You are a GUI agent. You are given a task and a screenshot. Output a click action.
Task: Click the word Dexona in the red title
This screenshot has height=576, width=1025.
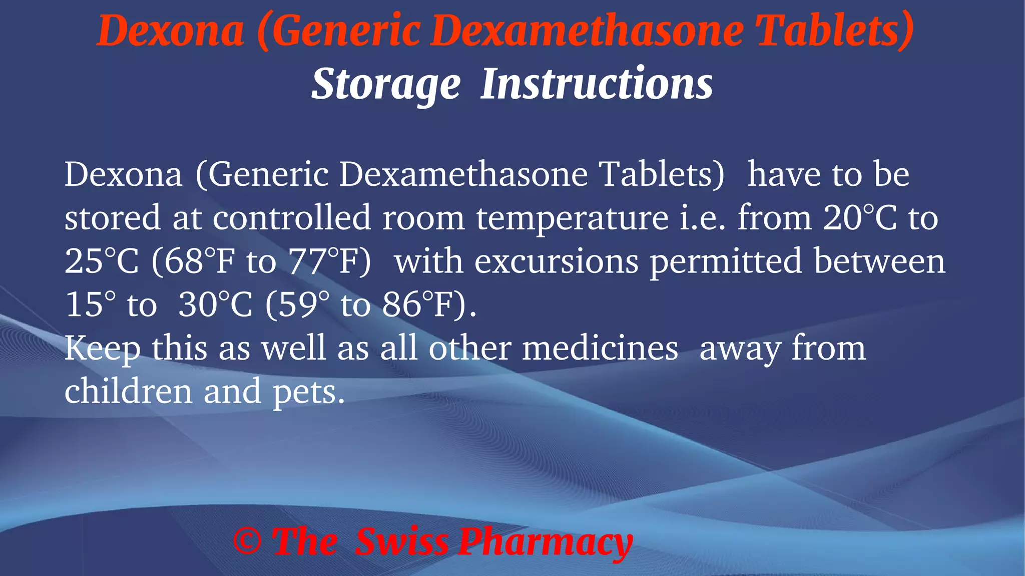(171, 31)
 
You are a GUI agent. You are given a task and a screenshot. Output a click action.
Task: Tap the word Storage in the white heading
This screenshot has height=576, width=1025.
(385, 84)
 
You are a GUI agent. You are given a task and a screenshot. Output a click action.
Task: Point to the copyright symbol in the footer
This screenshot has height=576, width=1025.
(247, 541)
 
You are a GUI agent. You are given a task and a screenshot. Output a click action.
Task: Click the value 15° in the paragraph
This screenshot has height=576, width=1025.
(90, 305)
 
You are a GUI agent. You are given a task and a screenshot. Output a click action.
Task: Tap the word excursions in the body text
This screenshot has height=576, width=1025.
(556, 261)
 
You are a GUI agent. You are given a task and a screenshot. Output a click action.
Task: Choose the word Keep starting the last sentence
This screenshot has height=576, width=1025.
(103, 349)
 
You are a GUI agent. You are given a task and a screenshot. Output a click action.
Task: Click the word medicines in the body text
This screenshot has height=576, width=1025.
(600, 348)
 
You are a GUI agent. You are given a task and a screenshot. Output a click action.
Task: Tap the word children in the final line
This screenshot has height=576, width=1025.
(128, 391)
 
